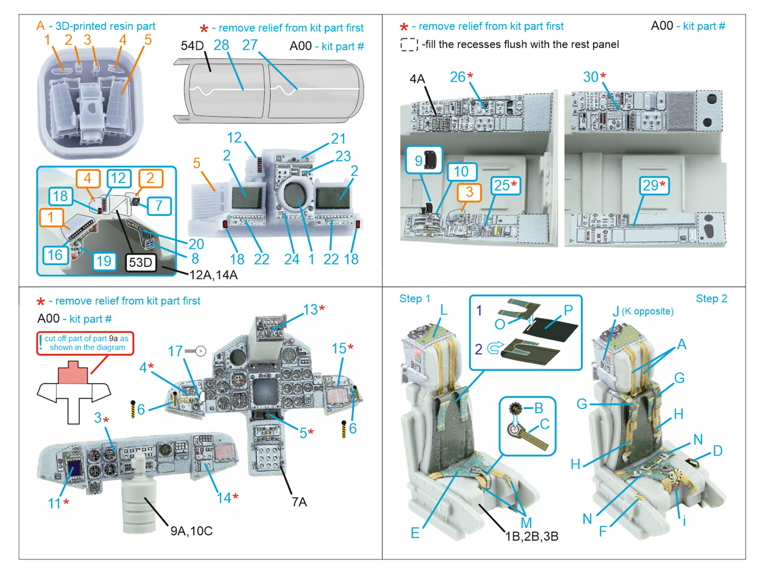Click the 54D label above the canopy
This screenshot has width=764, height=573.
point(192,46)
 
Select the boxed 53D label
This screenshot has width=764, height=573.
point(140,263)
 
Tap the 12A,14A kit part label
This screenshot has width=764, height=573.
point(213,275)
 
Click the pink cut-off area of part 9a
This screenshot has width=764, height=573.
point(73,374)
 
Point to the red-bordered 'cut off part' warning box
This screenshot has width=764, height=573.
point(85,343)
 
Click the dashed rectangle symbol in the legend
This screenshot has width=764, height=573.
point(409,44)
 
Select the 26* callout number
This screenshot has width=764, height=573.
point(461,77)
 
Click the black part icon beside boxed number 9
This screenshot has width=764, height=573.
point(432,160)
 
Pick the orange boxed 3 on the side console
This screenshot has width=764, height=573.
point(469,192)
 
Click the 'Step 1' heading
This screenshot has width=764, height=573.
point(414,299)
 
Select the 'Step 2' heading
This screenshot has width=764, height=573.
point(711,299)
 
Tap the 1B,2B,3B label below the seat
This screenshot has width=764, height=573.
point(531,536)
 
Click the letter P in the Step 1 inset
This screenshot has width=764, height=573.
point(568,310)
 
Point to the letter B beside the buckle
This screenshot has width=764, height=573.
point(539,408)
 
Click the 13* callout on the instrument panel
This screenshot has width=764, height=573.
point(314,310)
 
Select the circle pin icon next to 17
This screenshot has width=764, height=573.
point(201,351)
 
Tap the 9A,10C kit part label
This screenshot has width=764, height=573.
point(191,531)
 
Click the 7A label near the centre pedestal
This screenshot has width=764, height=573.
point(299,502)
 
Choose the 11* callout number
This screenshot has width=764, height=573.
point(58,503)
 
